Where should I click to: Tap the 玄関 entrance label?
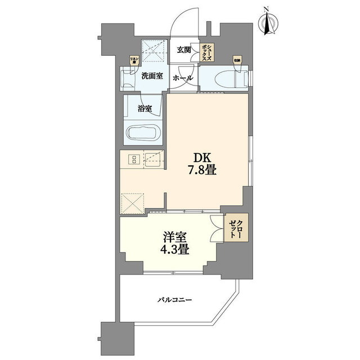pos(184,50)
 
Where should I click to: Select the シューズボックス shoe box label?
pos(206,54)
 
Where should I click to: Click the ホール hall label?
pos(183,78)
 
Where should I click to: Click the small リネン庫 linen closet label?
pos(134,60)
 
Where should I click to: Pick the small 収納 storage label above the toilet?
pos(236,60)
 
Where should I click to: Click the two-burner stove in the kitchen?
pos(134,160)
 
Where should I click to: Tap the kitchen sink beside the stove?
pos(153,160)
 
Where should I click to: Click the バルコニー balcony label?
pos(175,300)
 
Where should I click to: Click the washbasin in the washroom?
pos(127,78)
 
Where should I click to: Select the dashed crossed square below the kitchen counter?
pos(133,202)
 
